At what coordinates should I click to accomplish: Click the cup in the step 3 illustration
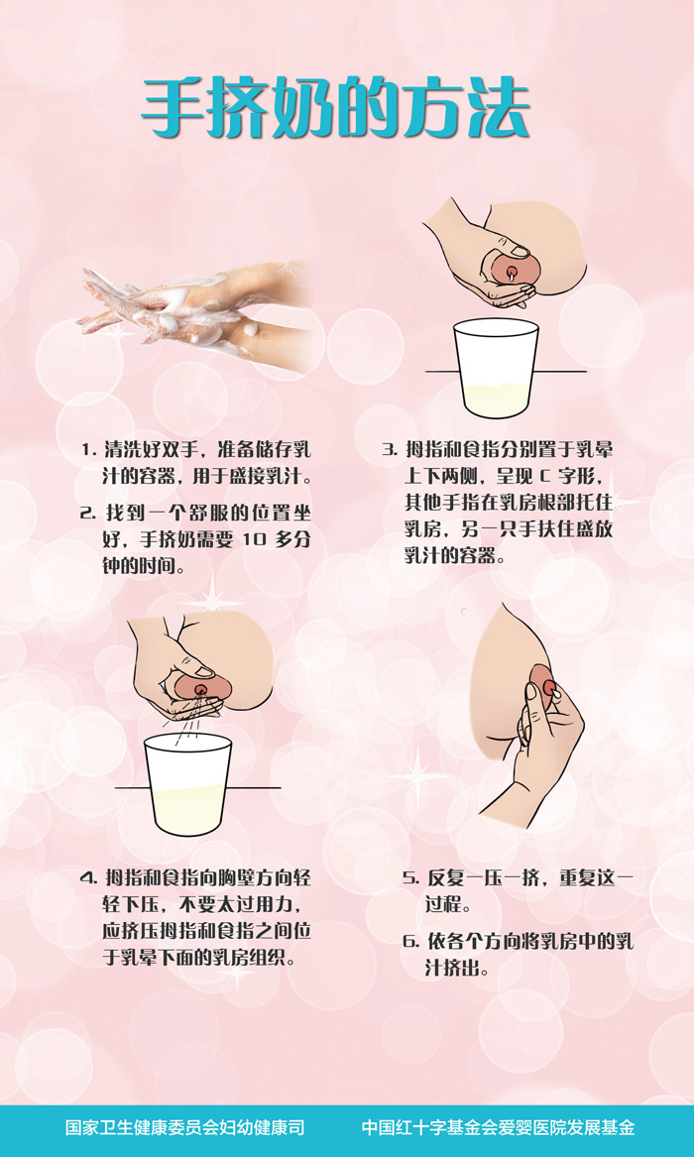496,368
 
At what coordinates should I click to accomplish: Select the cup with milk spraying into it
187,783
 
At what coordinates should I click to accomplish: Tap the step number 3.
391,449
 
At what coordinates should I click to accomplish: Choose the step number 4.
89,878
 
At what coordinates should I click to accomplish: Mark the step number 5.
410,878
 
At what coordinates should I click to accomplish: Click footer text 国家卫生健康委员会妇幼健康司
185,1127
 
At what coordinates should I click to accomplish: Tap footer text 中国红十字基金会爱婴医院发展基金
497,1127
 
